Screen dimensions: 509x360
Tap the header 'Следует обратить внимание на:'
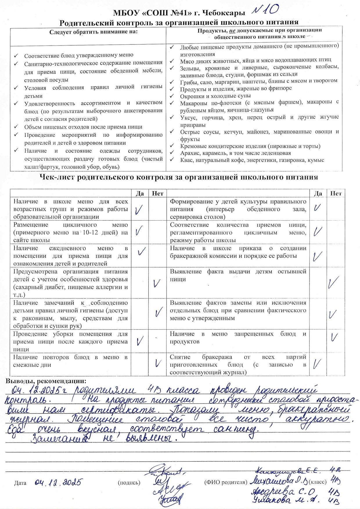point(93,32)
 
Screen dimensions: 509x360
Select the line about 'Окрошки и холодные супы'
point(215,96)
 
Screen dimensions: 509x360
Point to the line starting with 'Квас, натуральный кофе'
point(252,160)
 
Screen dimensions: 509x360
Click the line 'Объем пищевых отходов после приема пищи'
point(83,127)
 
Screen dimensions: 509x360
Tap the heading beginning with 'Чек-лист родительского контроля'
point(179,177)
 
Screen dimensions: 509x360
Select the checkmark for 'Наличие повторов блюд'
point(158,363)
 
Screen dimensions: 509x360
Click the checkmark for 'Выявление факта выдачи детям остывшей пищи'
point(334,282)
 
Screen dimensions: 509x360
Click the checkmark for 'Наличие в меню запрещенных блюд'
point(334,337)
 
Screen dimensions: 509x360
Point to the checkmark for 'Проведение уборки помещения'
point(140,340)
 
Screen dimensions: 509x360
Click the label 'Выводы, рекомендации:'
point(46,381)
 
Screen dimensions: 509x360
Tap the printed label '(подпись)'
point(129,483)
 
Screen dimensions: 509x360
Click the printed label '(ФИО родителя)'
point(226,482)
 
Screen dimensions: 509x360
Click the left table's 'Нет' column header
point(158,193)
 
